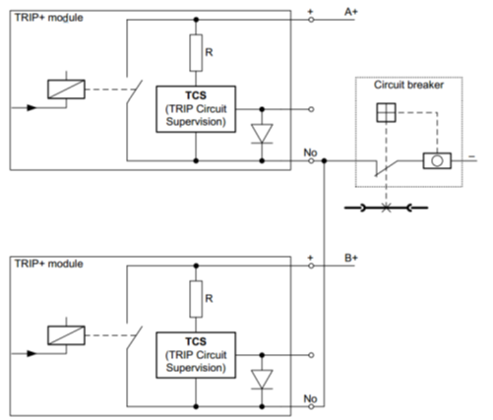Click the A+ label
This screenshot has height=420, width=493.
351,12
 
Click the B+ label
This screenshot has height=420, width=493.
351,258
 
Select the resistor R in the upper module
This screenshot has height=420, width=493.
196,52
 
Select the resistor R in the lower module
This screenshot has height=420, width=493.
196,299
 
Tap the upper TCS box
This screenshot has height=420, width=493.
196,109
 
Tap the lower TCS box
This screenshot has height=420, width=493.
196,355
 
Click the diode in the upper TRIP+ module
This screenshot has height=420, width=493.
262,134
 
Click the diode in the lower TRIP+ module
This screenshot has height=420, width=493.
262,380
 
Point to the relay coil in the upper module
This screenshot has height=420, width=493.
66,90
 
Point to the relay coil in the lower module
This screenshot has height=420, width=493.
66,335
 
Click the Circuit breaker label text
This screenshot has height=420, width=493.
408,85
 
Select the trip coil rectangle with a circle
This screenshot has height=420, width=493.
437,160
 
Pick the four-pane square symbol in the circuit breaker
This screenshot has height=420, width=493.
386,112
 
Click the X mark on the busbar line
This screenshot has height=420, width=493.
386,208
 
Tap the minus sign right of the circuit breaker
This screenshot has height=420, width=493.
471,156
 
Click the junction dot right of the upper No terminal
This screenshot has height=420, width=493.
324,160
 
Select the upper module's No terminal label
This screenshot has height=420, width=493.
310,152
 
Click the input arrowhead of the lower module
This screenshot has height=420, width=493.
31,353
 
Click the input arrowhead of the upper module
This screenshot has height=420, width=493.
31,107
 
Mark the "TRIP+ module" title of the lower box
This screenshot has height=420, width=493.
49,264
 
